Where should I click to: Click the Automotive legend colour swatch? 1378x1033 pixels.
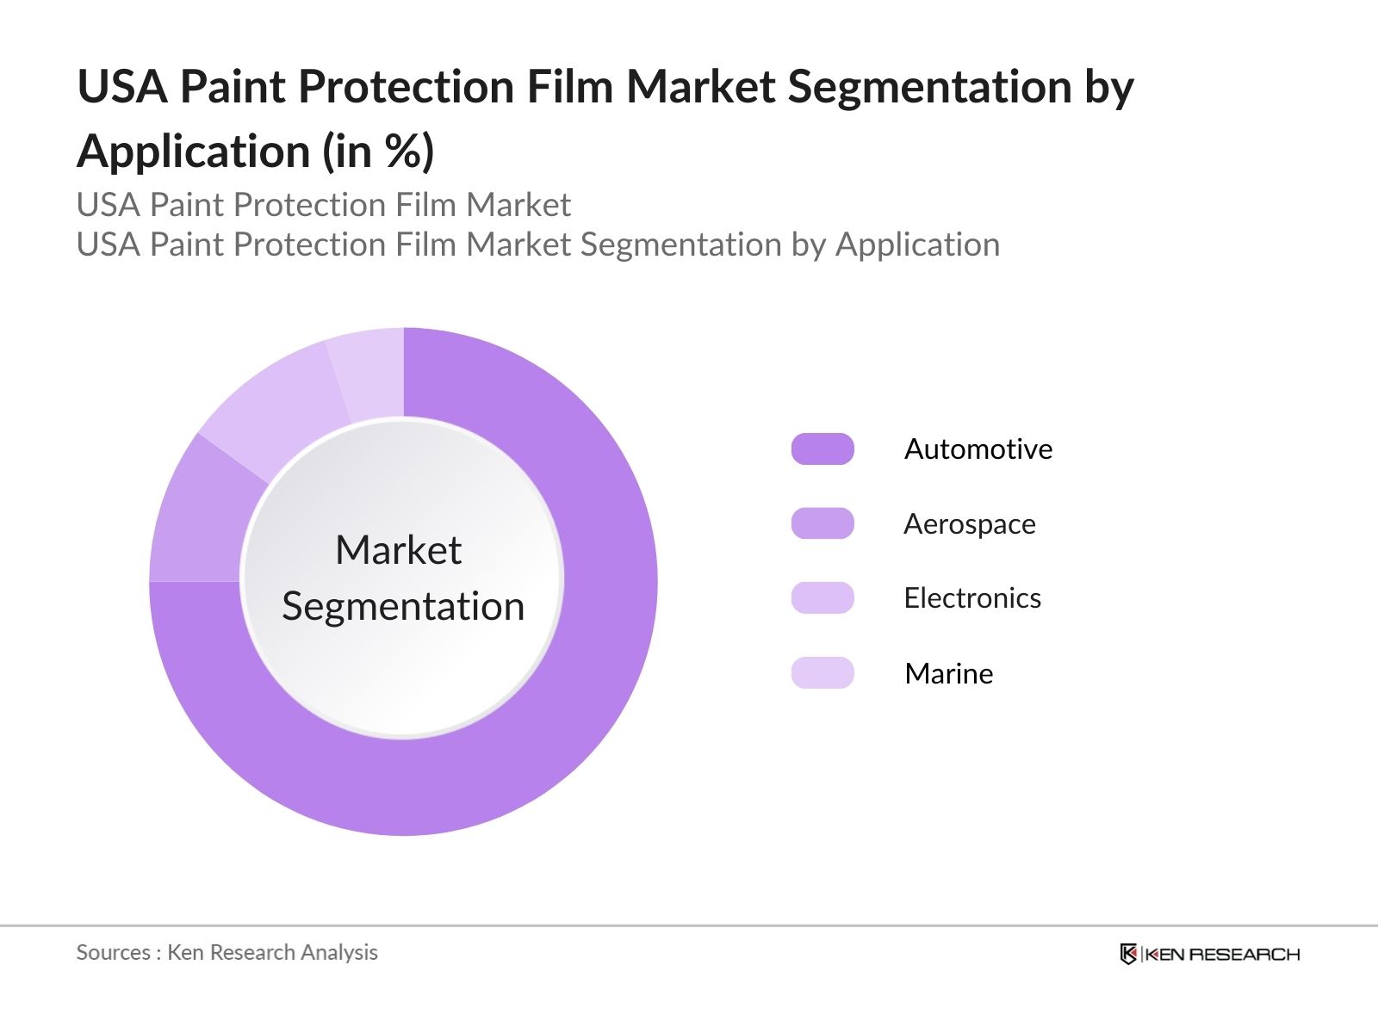pyautogui.click(x=822, y=449)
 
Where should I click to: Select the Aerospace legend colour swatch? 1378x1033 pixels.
pyautogui.click(x=822, y=523)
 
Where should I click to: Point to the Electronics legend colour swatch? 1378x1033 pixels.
pyautogui.click(x=822, y=597)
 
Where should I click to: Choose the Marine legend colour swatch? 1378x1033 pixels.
pyautogui.click(x=822, y=672)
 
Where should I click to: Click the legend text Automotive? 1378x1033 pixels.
pyautogui.click(x=978, y=449)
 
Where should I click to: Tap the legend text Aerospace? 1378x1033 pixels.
pyautogui.click(x=970, y=523)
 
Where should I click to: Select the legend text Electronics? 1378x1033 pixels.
pyautogui.click(x=972, y=597)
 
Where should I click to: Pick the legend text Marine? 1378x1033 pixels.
pyautogui.click(x=948, y=673)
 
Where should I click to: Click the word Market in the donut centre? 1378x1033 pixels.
pyautogui.click(x=399, y=550)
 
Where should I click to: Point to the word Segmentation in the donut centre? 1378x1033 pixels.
pyautogui.click(x=403, y=606)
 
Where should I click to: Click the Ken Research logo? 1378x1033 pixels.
pyautogui.click(x=1209, y=954)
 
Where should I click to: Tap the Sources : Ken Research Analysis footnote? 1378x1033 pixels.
pyautogui.click(x=227, y=952)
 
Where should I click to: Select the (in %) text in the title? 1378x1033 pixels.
pyautogui.click(x=378, y=152)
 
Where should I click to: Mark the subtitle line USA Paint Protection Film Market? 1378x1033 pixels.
pyautogui.click(x=323, y=205)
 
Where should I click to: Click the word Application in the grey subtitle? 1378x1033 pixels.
pyautogui.click(x=917, y=245)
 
